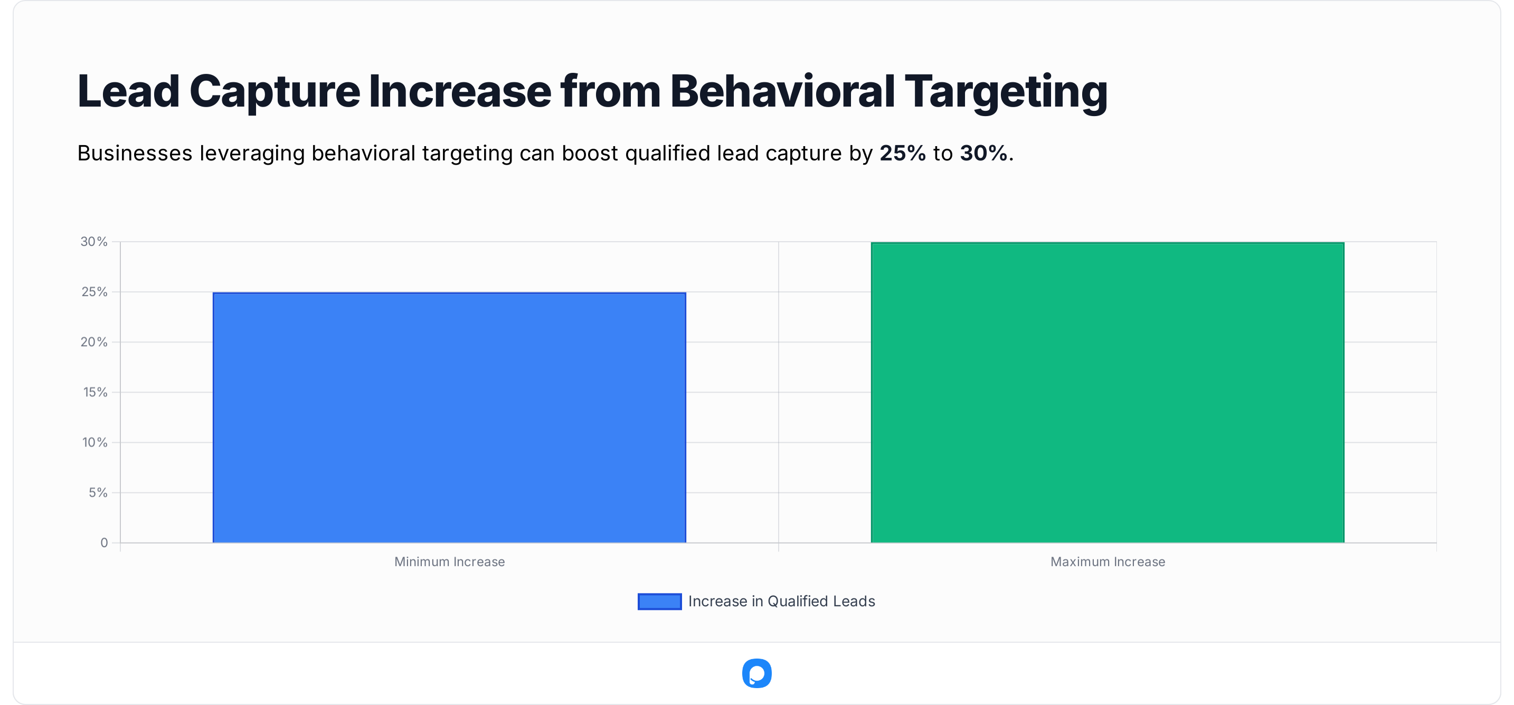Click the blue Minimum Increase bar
[x=449, y=417]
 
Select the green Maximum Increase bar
[x=1108, y=393]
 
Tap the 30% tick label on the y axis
[x=94, y=242]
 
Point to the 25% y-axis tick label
[x=94, y=292]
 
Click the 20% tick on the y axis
[x=94, y=342]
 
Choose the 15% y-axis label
[x=94, y=392]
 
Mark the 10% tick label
[x=94, y=442]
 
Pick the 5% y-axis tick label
[x=98, y=492]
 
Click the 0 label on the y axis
[x=104, y=543]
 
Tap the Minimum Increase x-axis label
[x=449, y=561]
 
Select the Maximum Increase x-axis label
[x=1108, y=561]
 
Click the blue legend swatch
[x=659, y=602]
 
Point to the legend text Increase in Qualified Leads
[x=781, y=602]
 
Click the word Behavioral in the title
[x=782, y=92]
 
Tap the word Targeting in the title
[x=1006, y=92]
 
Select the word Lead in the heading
[x=128, y=92]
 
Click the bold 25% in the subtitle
[x=902, y=154]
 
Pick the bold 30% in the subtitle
[x=983, y=154]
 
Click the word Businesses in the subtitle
[x=135, y=154]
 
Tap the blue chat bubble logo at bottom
[x=756, y=673]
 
